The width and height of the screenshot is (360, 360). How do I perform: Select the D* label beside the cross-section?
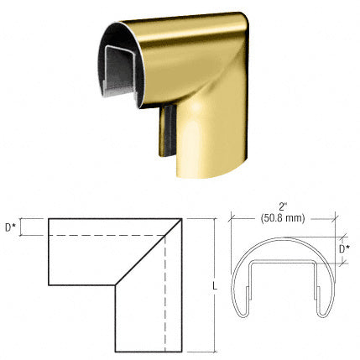[344, 249]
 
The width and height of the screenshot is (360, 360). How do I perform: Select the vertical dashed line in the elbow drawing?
[165, 294]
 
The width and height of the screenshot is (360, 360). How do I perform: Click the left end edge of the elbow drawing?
[49, 252]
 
